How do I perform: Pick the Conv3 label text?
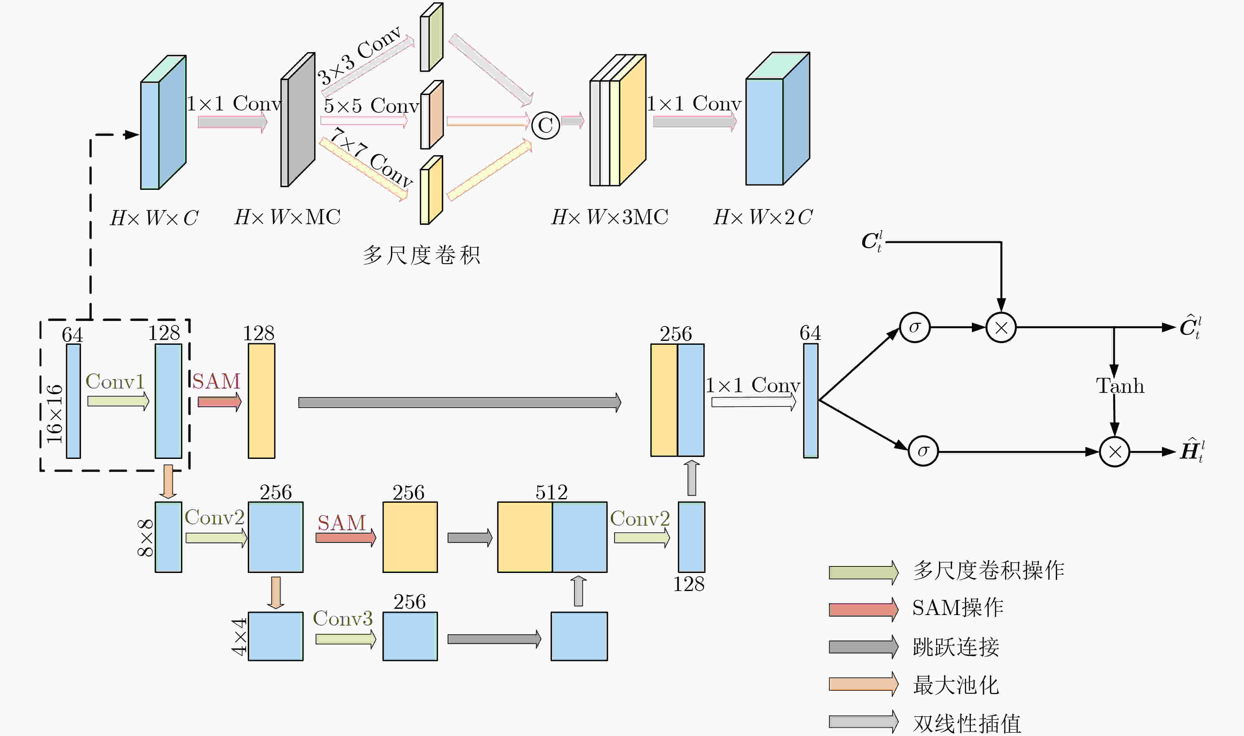click(x=343, y=618)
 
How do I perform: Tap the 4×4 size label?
click(x=239, y=636)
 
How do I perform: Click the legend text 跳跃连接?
click(x=956, y=647)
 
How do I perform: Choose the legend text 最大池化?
click(x=956, y=685)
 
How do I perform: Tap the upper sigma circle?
click(x=914, y=327)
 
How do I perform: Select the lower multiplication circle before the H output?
click(x=1114, y=452)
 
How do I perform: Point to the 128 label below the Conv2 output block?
click(x=688, y=584)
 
